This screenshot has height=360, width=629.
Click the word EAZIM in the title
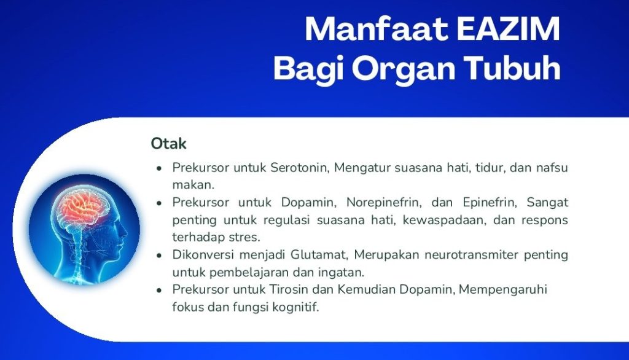tap(508, 29)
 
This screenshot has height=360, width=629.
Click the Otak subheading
tap(168, 143)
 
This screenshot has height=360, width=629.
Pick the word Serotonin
tap(300, 167)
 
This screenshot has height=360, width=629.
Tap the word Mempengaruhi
tap(502, 290)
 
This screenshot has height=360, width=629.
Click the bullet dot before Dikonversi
tap(159, 256)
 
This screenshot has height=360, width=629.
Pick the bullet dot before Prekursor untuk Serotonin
tap(159, 168)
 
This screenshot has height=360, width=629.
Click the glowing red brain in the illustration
tap(83, 207)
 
